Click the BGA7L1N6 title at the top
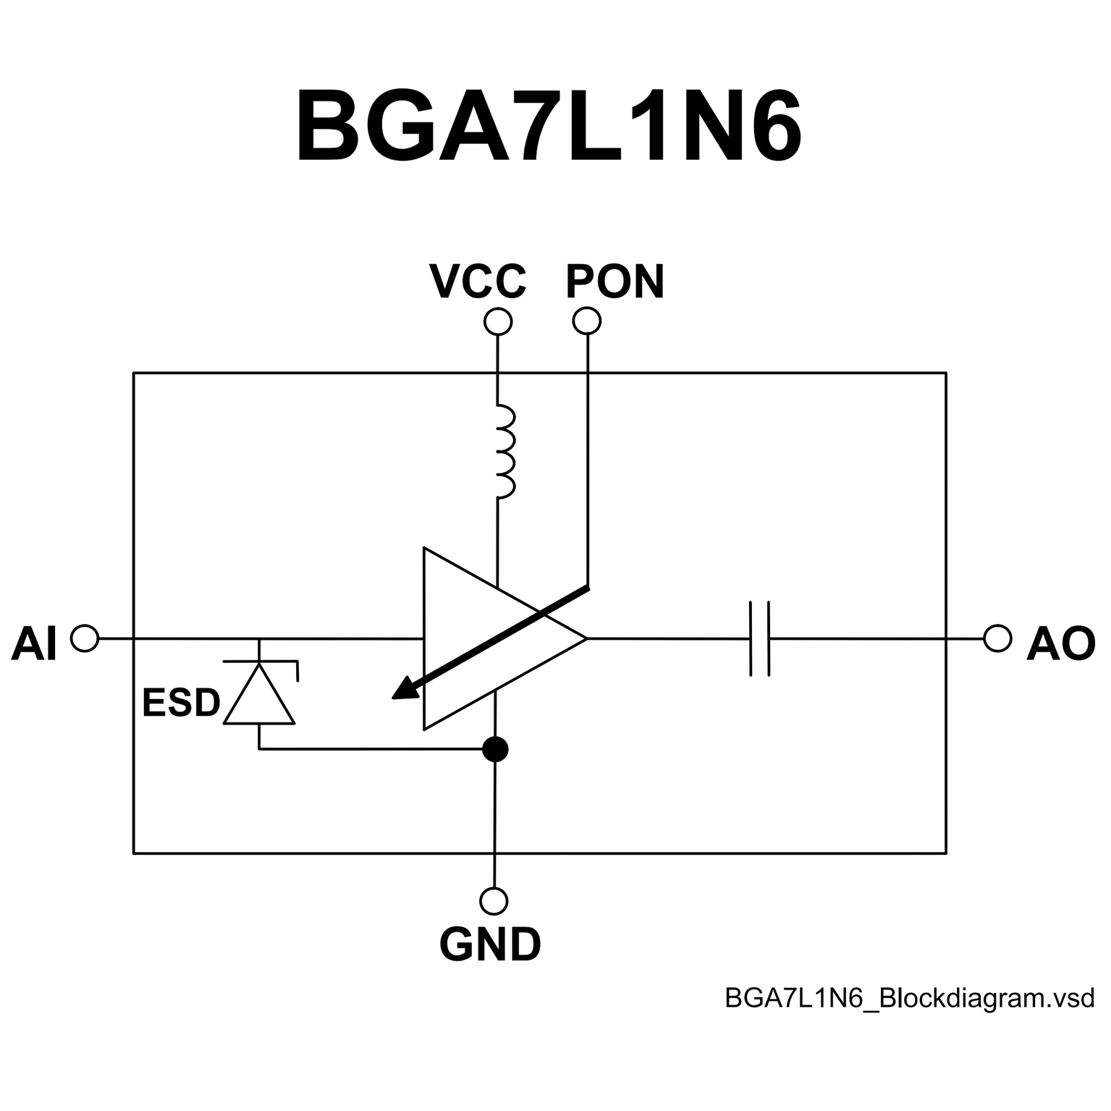549,127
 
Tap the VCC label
478,282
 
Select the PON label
615,282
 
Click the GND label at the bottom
491,944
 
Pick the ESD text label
181,703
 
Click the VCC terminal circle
497,321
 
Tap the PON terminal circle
587,321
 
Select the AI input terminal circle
85,638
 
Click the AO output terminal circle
997,638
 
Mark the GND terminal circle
494,901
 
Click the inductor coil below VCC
504,452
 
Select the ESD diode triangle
259,695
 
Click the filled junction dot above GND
495,749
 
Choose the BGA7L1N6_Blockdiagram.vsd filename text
909,998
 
